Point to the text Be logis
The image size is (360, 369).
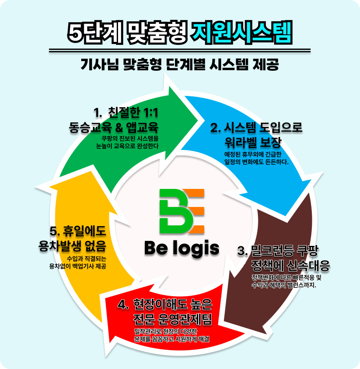click(182, 248)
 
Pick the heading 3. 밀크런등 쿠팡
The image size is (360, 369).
click(278, 251)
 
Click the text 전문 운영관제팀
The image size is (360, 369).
click(172, 319)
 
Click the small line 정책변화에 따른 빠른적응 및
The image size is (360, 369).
click(286, 277)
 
